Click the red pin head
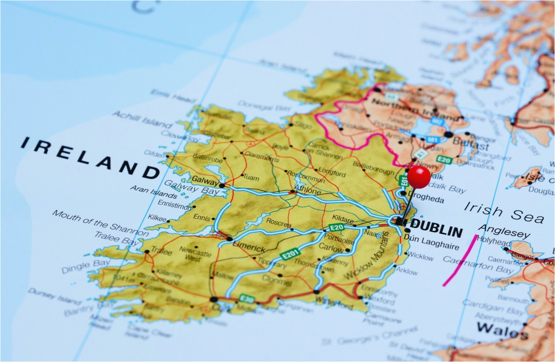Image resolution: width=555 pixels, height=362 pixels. (x=419, y=177)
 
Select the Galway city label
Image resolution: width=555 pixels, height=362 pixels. (x=205, y=181)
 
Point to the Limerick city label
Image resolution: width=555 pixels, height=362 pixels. (x=249, y=247)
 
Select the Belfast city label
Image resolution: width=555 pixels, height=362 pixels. (x=471, y=144)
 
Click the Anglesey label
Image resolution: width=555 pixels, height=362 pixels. (x=504, y=232)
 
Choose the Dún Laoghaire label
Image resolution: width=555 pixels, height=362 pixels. (x=431, y=243)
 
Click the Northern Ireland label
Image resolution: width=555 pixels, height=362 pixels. (x=414, y=109)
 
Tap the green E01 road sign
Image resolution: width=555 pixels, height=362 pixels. (x=404, y=181)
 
